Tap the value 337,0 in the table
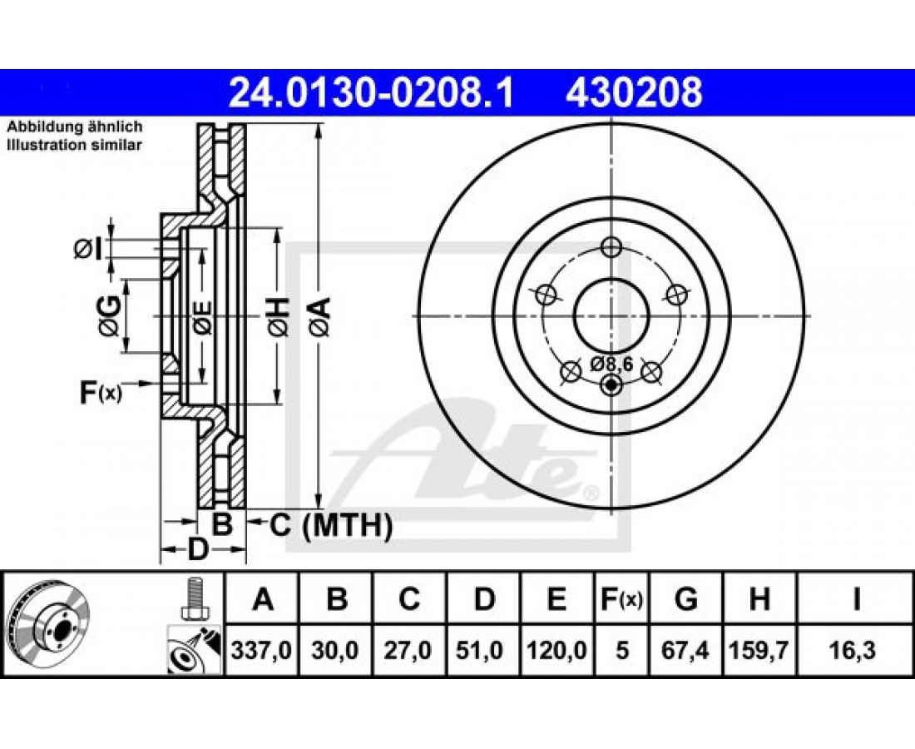[261, 650]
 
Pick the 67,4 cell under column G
[685, 650]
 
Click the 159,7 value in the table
[759, 650]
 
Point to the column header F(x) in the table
[621, 599]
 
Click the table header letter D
[484, 599]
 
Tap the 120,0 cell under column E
[556, 650]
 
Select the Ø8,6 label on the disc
[611, 364]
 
